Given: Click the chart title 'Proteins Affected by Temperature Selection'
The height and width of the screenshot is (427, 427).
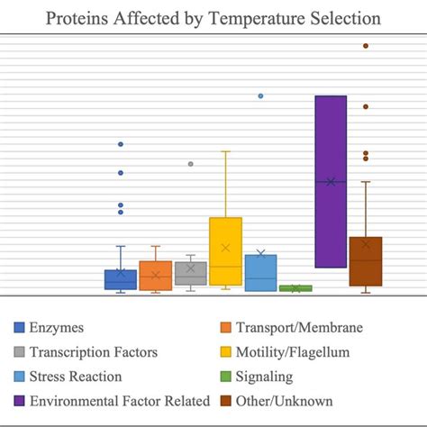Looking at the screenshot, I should pyautogui.click(x=213, y=18).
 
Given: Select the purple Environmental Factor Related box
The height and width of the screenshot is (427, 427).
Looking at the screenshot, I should pyautogui.click(x=331, y=181).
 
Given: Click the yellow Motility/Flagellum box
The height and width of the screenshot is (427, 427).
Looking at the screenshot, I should pyautogui.click(x=225, y=251).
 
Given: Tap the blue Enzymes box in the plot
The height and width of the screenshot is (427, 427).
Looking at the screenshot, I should pyautogui.click(x=121, y=279).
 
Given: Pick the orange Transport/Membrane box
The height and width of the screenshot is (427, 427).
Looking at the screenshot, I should pyautogui.click(x=156, y=276).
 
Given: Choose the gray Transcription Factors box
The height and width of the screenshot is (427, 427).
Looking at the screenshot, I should pyautogui.click(x=190, y=274).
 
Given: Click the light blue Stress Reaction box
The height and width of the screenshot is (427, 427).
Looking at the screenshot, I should pyautogui.click(x=260, y=272).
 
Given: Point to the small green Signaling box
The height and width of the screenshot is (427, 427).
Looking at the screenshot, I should pyautogui.click(x=295, y=288).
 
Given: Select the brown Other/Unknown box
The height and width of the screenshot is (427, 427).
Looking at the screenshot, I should pyautogui.click(x=366, y=261).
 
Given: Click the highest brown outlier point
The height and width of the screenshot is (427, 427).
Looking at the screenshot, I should pyautogui.click(x=366, y=45).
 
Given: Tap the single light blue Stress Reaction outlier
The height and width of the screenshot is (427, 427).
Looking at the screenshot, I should pyautogui.click(x=260, y=95).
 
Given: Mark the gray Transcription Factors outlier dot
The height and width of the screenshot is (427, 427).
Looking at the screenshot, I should pyautogui.click(x=190, y=164).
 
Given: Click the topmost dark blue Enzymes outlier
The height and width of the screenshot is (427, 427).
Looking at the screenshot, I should pyautogui.click(x=121, y=144).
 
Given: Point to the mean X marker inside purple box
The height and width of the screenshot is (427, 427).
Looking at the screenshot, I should pyautogui.click(x=331, y=182).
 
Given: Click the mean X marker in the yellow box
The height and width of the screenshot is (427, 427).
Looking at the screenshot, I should pyautogui.click(x=225, y=248).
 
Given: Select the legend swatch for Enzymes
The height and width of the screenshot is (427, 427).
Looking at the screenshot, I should pyautogui.click(x=19, y=328).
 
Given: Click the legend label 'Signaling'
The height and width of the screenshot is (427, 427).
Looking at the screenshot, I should pyautogui.click(x=266, y=377).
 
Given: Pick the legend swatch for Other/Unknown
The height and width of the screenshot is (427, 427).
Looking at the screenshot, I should pyautogui.click(x=226, y=401).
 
